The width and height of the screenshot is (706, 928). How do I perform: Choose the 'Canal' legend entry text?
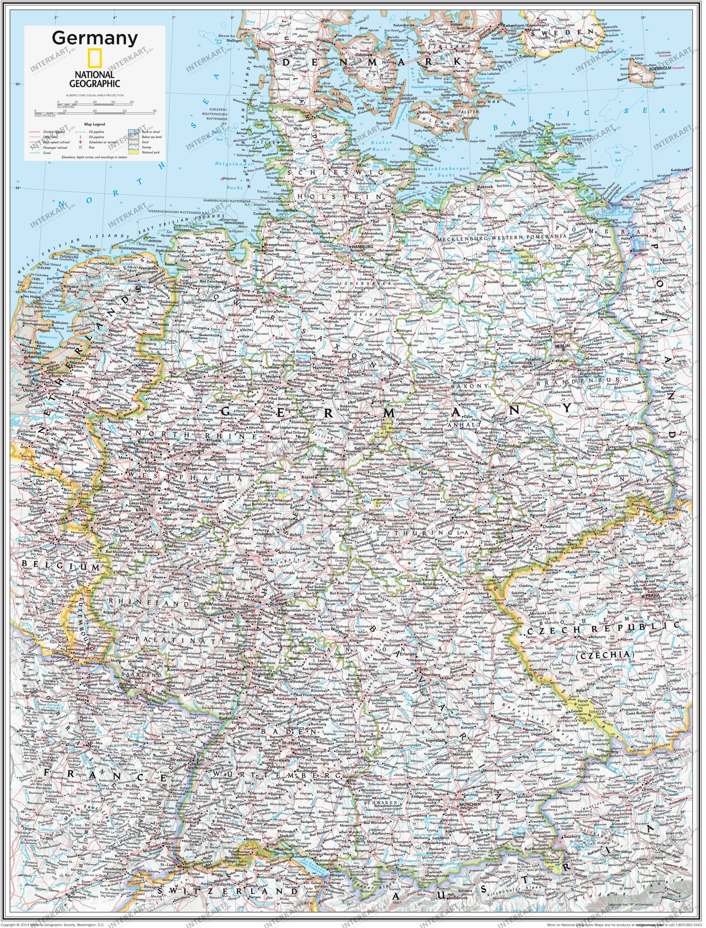[47, 153]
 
